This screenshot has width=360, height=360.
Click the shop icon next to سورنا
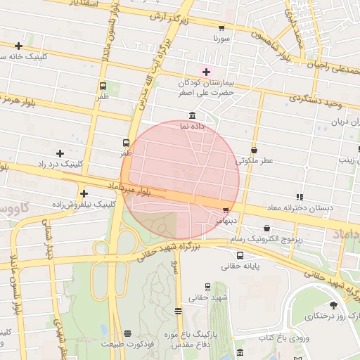(221, 29)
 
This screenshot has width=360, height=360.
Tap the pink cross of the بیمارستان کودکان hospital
(206, 71)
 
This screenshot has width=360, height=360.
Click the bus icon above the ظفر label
(126, 141)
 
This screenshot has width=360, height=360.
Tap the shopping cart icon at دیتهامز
(226, 210)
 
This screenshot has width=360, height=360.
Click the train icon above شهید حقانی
(207, 286)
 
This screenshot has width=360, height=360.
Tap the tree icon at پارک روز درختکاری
(333, 305)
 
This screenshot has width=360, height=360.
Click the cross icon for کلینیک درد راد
(60, 153)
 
